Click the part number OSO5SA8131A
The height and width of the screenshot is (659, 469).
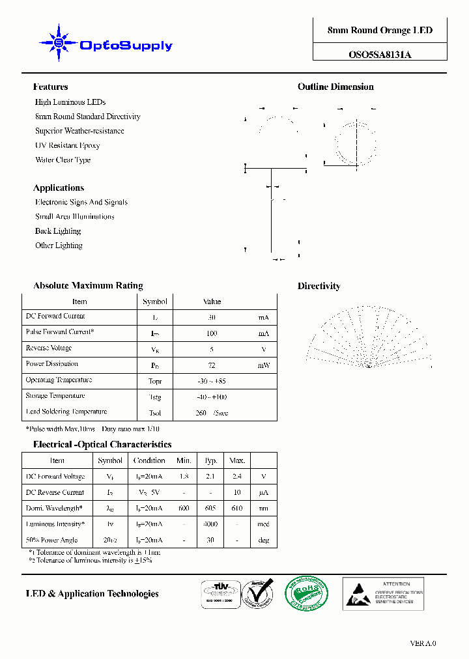[380, 55]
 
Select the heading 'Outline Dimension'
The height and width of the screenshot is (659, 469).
[335, 87]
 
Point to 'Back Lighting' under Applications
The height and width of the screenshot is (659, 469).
[58, 231]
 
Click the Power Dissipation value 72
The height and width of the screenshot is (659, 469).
[212, 365]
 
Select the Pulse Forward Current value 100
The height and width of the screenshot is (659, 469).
[212, 333]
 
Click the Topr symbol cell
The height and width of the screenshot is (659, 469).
[155, 381]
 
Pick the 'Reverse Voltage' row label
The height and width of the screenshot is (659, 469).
[49, 348]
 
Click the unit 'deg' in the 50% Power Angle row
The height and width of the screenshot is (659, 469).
[263, 540]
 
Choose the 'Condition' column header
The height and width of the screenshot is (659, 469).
[149, 460]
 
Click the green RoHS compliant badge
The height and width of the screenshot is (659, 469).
[306, 593]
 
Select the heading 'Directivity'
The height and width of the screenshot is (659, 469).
[319, 286]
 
